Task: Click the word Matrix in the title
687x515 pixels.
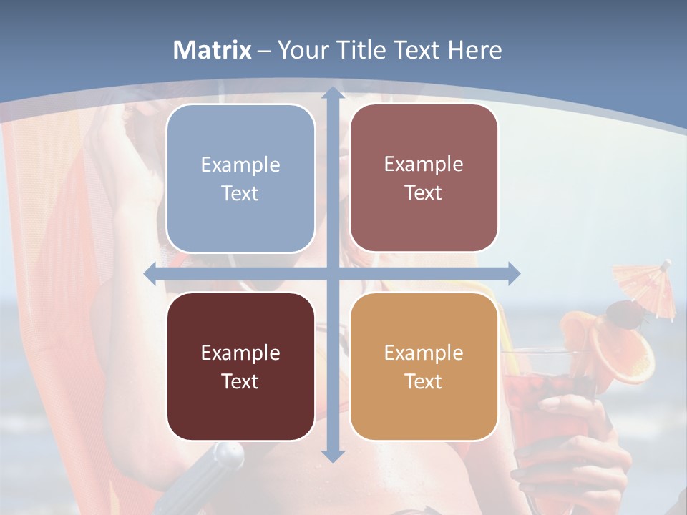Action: point(213,50)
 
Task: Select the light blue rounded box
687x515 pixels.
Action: point(240,179)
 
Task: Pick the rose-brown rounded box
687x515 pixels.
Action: point(424,179)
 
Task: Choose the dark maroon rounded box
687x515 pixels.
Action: point(240,366)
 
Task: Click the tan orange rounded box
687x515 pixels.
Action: point(424,366)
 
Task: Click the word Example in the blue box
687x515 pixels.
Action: point(240,165)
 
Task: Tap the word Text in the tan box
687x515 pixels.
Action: point(424,381)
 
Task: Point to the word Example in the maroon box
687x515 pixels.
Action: point(240,353)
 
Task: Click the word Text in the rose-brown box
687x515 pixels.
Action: point(424,193)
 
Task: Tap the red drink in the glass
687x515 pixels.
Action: point(544,401)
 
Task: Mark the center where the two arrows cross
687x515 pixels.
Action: point(332,273)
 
